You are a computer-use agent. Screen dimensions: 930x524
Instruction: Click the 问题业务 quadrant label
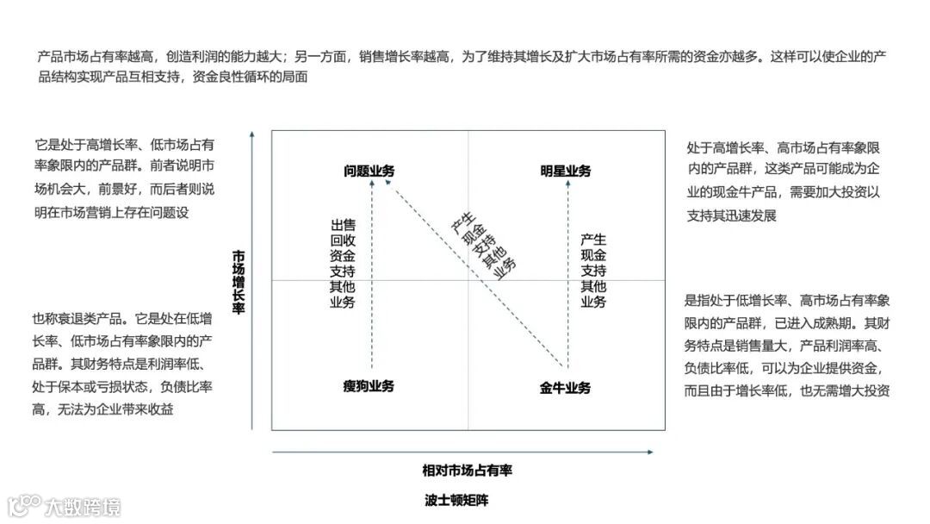369,171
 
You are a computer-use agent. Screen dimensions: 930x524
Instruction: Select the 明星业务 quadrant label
566,171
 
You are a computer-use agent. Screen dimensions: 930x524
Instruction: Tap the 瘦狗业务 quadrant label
369,386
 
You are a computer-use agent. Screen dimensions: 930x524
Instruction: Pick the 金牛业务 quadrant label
566,388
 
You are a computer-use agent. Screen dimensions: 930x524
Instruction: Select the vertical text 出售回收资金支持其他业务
342,263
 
